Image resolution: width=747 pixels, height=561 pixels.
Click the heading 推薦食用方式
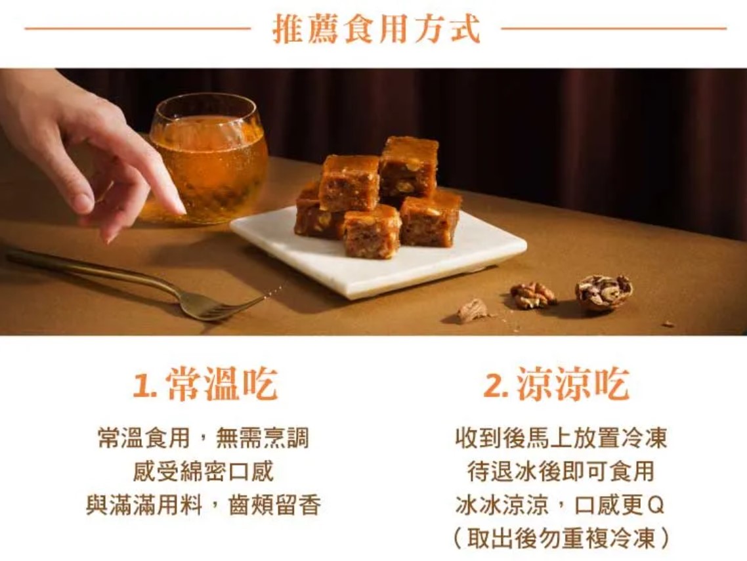pyautogui.click(x=376, y=29)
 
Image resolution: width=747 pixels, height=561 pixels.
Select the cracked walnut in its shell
pyautogui.click(x=603, y=292)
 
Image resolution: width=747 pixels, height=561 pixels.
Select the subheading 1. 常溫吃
pyautogui.click(x=205, y=384)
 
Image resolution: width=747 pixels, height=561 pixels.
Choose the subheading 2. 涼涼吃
pyautogui.click(x=557, y=384)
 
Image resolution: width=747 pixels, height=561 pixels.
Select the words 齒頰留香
pyautogui.click(x=274, y=505)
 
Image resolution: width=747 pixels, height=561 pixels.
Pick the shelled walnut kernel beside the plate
pyautogui.click(x=533, y=295)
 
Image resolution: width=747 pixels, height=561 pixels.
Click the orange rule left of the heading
pyautogui.click(x=138, y=29)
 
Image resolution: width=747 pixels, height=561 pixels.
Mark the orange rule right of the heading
pyautogui.click(x=614, y=29)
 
